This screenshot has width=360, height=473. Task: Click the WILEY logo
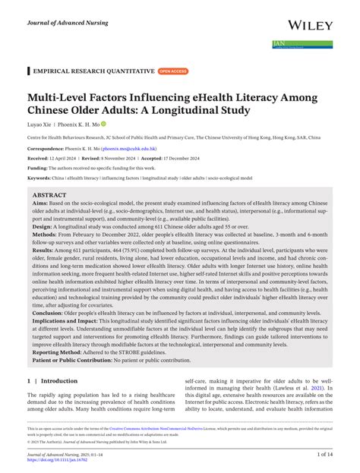(x=308, y=26)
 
